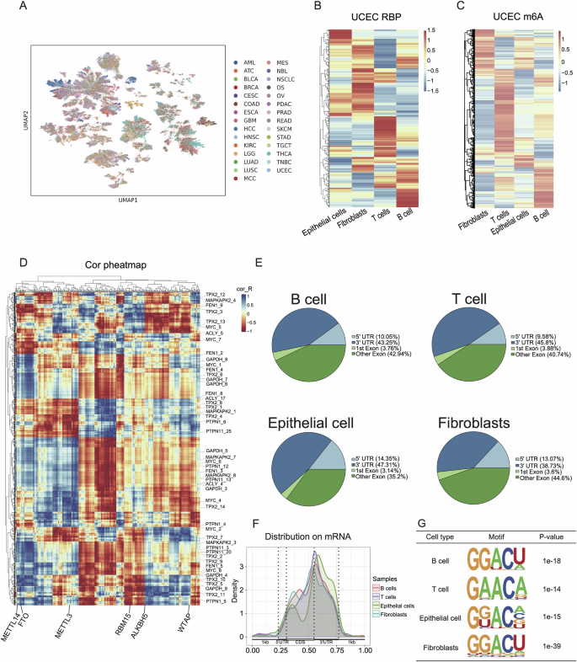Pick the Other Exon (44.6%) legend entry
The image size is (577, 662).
point(538,457)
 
